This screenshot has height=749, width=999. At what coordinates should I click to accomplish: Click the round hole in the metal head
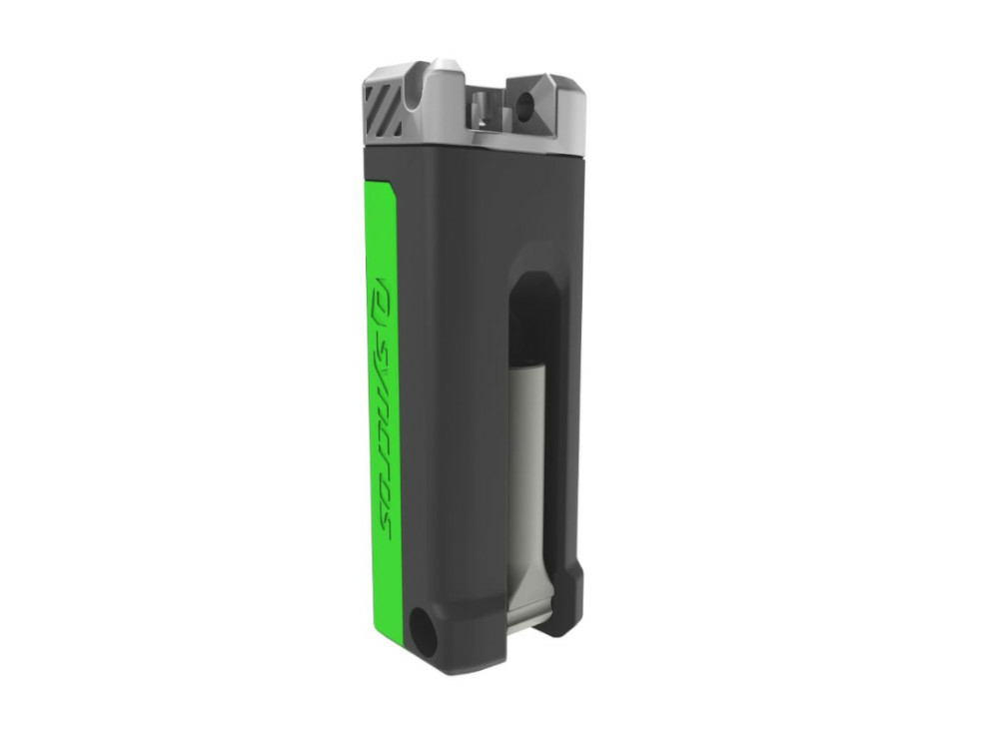point(525,104)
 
